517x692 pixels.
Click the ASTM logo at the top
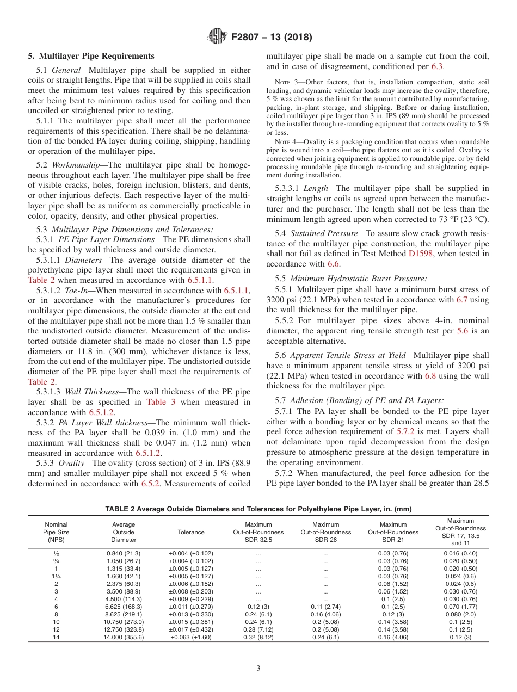217,38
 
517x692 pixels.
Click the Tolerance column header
191,532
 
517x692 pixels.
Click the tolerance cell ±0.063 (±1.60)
191,637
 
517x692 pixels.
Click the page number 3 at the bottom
258,669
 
